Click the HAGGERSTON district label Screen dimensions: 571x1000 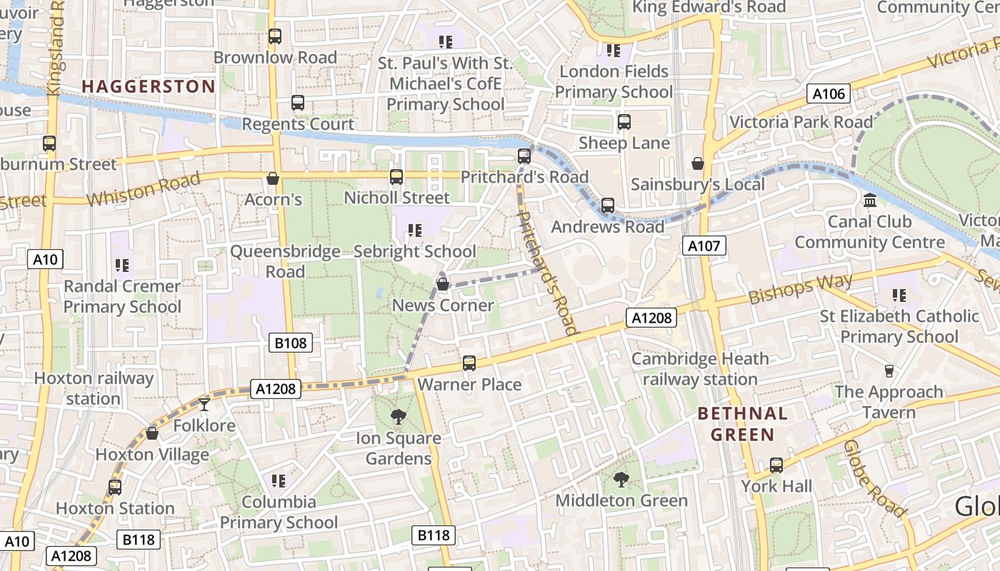(148, 86)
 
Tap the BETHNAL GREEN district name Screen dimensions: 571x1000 (742, 424)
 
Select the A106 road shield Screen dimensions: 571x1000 (829, 94)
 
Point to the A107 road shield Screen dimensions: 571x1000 (704, 246)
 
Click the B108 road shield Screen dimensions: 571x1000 (291, 343)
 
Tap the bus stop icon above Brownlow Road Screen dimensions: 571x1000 (275, 36)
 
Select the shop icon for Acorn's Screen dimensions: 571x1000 (272, 178)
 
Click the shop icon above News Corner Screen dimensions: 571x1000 (443, 285)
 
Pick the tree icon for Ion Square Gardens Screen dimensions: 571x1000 (399, 417)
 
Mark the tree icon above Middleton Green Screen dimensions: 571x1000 (621, 480)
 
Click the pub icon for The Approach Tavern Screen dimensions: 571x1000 (889, 371)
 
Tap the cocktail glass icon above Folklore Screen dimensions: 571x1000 (204, 405)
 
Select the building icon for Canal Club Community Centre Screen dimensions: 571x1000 (869, 201)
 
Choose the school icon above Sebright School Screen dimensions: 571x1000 (414, 231)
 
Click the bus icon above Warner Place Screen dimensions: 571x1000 (469, 363)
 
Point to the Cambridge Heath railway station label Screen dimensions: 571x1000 (700, 369)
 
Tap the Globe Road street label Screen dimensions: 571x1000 (874, 478)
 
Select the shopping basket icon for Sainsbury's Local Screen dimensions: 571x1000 (698, 164)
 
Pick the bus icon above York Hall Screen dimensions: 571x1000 (776, 465)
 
